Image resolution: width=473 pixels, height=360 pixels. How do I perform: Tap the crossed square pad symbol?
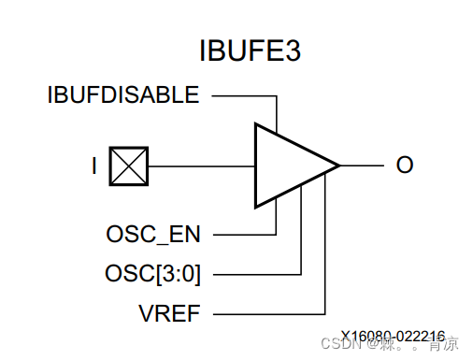129,166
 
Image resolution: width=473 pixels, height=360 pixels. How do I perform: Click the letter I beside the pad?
94,166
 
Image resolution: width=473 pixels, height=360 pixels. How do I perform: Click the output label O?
404,166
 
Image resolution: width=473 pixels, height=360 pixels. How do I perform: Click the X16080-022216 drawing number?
392,335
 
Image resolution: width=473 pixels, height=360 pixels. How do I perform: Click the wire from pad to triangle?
201,166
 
